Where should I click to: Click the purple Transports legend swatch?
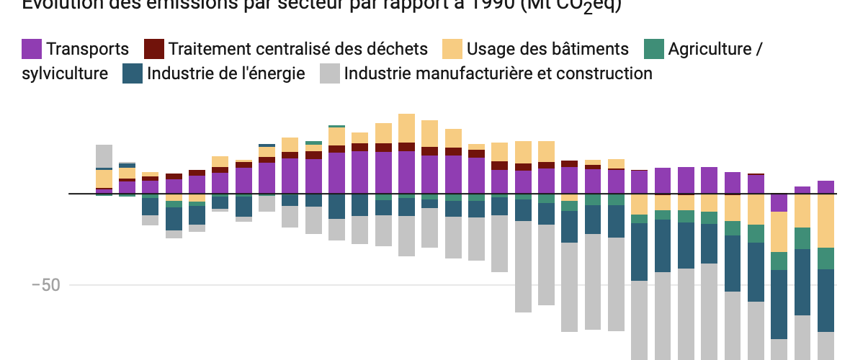click(32, 49)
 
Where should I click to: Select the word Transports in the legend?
click(87, 49)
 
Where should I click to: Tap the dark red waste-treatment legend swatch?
click(154, 49)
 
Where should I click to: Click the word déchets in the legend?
click(398, 49)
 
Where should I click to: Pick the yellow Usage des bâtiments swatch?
click(452, 49)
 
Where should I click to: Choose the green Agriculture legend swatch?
click(653, 49)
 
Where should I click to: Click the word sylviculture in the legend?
click(66, 73)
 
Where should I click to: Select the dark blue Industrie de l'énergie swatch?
click(133, 73)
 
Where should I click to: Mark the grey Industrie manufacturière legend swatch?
click(330, 73)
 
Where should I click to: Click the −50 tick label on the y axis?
click(45, 285)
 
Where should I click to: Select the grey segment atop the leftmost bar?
click(104, 156)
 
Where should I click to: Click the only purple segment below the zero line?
click(779, 202)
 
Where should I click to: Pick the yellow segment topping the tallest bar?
click(406, 127)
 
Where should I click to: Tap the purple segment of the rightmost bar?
click(826, 187)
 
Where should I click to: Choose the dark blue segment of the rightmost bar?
click(826, 300)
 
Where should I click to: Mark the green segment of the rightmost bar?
click(826, 258)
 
